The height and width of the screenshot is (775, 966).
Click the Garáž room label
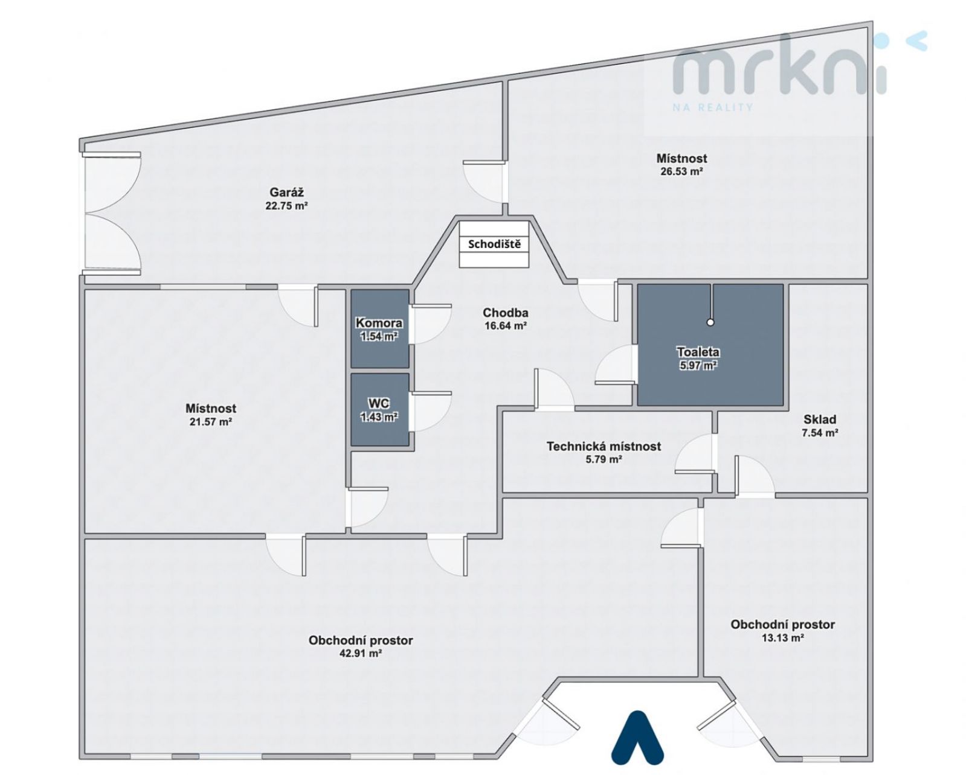coord(286,193)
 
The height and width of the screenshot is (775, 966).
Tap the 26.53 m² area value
coord(681,171)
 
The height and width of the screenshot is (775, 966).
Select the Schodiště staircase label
coord(494,244)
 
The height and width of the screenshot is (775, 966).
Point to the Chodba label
coord(505,313)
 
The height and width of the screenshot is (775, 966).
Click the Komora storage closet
coord(380,329)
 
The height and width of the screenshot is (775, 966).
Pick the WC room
coord(380,410)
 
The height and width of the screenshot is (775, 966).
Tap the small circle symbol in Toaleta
coord(710,322)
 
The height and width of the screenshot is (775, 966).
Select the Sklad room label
coord(820,419)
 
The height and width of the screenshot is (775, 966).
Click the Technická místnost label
coord(604,446)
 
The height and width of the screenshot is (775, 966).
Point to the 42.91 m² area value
coord(361,654)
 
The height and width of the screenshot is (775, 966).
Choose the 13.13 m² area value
coord(782,638)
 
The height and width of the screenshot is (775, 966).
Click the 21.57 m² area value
coord(210,421)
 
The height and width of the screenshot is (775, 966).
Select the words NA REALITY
coord(712,107)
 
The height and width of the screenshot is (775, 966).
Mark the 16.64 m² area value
coord(506,326)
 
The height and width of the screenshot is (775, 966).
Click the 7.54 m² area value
coord(820,433)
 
